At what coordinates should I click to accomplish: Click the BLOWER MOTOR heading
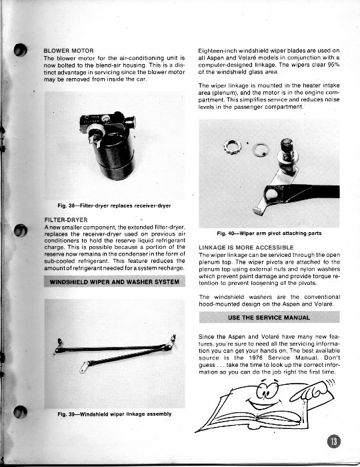[69, 51]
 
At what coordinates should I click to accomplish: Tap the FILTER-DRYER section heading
[66, 219]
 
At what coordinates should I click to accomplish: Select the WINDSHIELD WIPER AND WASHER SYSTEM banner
[115, 282]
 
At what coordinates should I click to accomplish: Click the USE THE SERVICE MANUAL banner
[269, 318]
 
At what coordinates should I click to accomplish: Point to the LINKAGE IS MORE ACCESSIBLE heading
[246, 248]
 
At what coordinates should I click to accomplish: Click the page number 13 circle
[334, 441]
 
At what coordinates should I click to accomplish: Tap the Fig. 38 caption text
[114, 205]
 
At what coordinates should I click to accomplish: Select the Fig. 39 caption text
[115, 414]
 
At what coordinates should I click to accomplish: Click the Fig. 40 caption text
[269, 233]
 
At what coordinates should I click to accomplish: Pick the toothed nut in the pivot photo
[233, 147]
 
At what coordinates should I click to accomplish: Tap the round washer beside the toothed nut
[261, 149]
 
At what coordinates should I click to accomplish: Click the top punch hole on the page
[20, 50]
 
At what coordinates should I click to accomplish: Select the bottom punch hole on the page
[20, 412]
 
